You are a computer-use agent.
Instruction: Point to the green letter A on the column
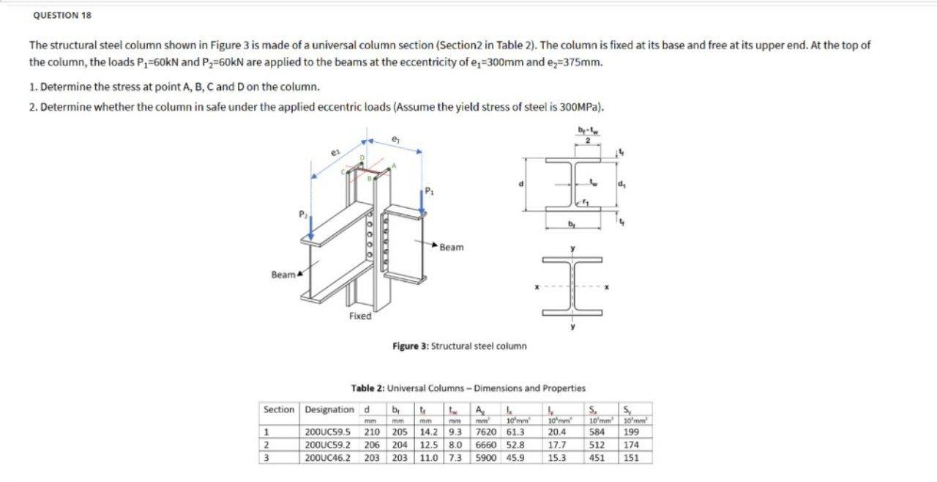click(x=394, y=166)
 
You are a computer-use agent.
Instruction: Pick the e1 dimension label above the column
click(x=395, y=137)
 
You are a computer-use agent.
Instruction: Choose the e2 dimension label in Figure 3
click(x=335, y=152)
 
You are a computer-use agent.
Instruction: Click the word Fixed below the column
click(x=359, y=316)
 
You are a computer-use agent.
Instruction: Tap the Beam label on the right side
click(x=452, y=247)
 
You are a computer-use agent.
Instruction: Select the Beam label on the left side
click(x=283, y=275)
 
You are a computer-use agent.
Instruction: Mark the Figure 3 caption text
click(x=459, y=346)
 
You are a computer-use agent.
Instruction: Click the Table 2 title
click(x=468, y=388)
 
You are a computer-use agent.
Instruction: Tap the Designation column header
click(x=329, y=409)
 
